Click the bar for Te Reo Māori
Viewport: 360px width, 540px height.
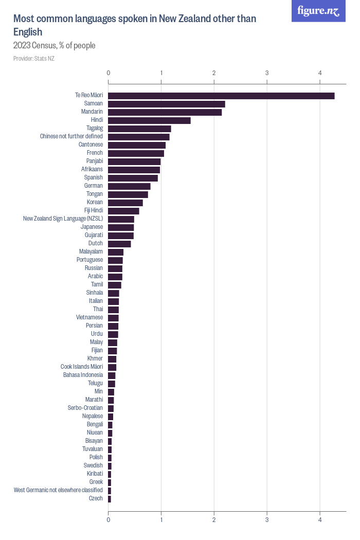point(221,96)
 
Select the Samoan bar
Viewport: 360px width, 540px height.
point(166,104)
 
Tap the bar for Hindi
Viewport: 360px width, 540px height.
point(149,120)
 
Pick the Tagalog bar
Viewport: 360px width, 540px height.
point(139,129)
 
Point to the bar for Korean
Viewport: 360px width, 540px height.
point(125,203)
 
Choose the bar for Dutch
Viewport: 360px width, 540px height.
point(119,244)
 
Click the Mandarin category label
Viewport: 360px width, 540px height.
point(92,112)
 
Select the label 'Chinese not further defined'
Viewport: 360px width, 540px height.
point(71,136)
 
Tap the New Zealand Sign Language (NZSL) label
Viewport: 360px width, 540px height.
point(63,219)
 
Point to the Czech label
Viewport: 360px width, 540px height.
point(96,498)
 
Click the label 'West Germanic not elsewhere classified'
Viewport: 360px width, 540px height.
point(59,490)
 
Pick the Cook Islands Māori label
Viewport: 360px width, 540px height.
point(82,367)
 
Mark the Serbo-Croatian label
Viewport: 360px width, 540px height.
point(85,408)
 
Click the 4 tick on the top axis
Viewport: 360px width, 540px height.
point(320,73)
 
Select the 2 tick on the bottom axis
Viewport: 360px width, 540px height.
point(214,520)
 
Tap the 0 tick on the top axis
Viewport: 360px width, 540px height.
point(108,73)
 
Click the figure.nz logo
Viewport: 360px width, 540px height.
point(318,11)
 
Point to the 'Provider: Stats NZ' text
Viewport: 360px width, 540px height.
point(34,59)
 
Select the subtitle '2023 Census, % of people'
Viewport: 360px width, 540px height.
point(55,46)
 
